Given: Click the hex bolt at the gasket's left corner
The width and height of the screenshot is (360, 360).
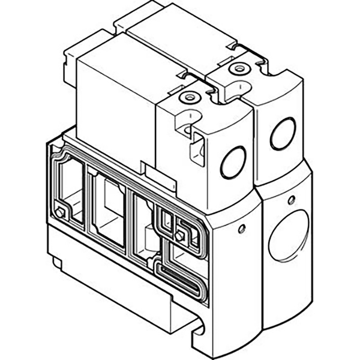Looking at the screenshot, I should point(60,211).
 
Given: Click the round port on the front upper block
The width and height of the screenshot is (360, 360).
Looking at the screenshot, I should point(233,163).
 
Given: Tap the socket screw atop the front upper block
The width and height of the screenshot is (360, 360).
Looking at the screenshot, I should point(190,98).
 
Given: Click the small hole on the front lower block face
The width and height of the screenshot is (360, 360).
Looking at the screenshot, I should point(241,229).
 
